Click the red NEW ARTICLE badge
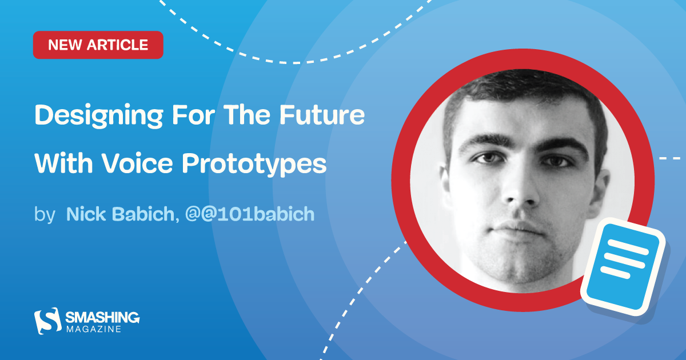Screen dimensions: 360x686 point(98,45)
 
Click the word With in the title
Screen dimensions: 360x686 point(59,164)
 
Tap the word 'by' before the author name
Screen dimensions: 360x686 point(45,214)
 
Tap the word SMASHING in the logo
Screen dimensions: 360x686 point(102,317)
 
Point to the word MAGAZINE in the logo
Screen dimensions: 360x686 point(93,330)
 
